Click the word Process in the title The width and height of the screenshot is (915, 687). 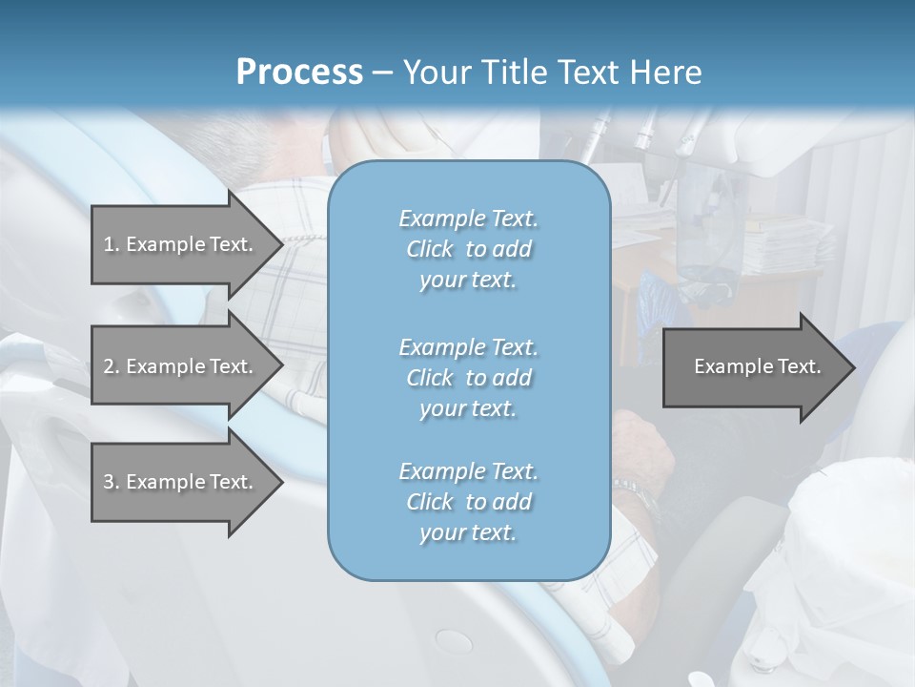[x=299, y=73]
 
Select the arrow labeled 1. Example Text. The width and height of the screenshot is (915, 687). [x=181, y=244]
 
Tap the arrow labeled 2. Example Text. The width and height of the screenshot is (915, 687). [x=181, y=366]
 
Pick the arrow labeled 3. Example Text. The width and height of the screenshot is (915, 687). [x=181, y=482]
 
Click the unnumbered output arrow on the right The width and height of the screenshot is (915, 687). [x=753, y=366]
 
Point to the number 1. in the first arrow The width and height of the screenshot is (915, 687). [x=112, y=244]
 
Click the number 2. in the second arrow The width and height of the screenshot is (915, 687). [x=112, y=366]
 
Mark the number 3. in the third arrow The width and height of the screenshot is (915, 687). [x=112, y=482]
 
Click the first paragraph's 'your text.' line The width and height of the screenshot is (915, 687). [x=468, y=281]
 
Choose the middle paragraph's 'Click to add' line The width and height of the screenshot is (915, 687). [x=468, y=378]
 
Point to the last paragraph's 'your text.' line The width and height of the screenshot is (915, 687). [x=468, y=533]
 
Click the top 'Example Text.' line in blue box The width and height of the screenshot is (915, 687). [x=468, y=219]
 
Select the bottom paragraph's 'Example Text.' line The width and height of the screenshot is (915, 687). [x=468, y=471]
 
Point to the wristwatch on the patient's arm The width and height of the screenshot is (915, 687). [x=634, y=493]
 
